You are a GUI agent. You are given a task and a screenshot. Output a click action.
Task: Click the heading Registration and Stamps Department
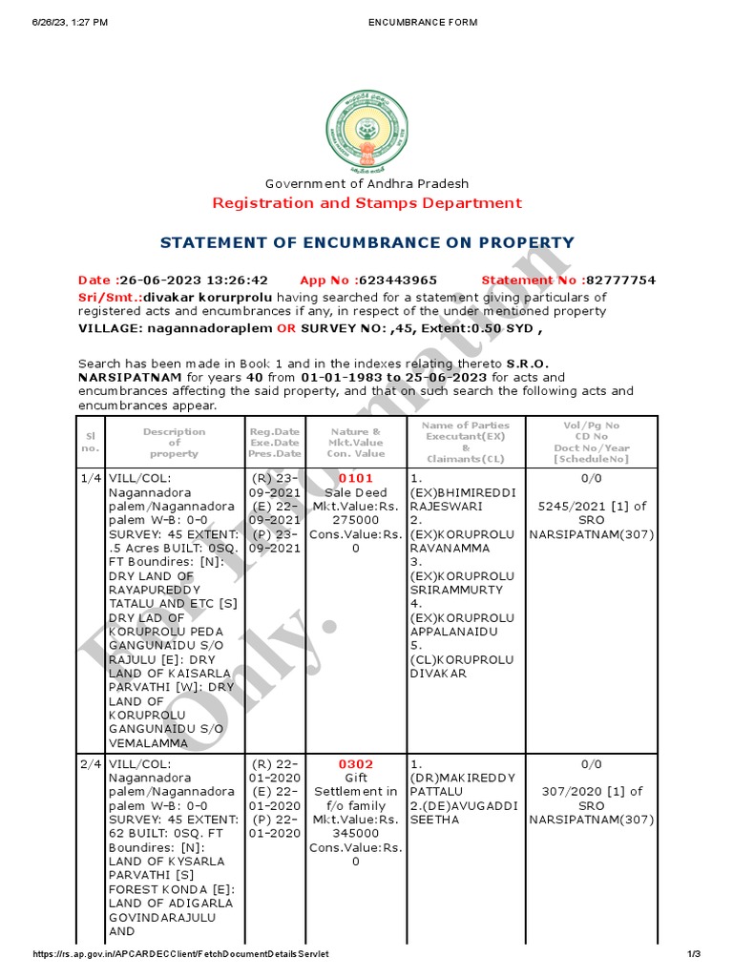click(366, 202)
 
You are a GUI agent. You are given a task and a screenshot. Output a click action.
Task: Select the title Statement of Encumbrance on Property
click(366, 243)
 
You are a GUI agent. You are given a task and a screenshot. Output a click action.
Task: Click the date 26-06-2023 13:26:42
click(191, 281)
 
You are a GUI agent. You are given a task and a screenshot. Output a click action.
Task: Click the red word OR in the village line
click(286, 328)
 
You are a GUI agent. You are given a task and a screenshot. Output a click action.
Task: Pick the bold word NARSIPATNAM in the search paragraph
click(124, 378)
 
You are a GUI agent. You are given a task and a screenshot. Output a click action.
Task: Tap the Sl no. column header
click(90, 441)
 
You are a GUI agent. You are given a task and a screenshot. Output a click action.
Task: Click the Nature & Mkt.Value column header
click(355, 441)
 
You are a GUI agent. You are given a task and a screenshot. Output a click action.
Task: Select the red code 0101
click(356, 478)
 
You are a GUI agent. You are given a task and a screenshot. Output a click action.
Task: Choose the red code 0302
click(356, 764)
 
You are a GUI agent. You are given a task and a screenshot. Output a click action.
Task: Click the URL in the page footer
click(181, 955)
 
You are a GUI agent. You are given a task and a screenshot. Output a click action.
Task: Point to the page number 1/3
click(694, 955)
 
